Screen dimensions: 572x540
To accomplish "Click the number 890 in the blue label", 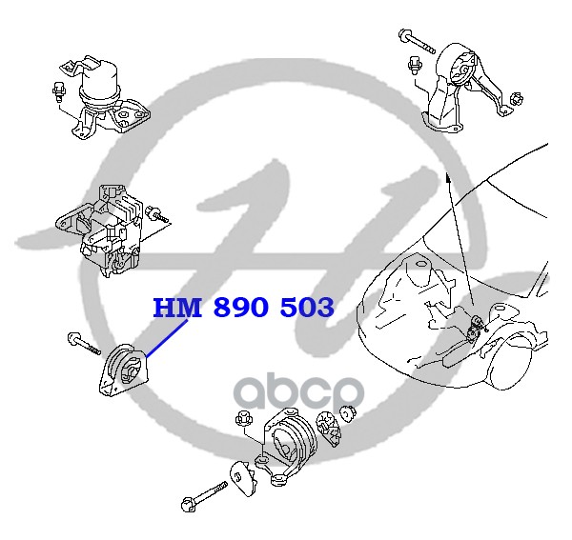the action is click(x=240, y=307).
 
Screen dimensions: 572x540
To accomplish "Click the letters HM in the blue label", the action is click(x=177, y=307).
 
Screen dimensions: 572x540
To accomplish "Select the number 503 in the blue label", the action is click(x=306, y=307).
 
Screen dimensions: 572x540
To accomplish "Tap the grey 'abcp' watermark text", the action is click(x=299, y=391).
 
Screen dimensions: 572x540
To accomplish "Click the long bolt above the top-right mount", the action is click(x=417, y=41).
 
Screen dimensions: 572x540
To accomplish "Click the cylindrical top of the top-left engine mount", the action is click(x=98, y=82).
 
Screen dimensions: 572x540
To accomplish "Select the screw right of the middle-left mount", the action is click(x=157, y=213).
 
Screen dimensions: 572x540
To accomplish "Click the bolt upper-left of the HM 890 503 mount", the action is click(x=84, y=343).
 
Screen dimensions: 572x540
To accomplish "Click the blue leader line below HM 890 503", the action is click(x=167, y=338).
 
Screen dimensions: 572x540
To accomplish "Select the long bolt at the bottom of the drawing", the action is click(x=204, y=495).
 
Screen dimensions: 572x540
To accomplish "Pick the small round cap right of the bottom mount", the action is click(x=348, y=413).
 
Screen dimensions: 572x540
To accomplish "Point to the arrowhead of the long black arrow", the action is click(x=448, y=178).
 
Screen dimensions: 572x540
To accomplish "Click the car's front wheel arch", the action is click(x=511, y=350).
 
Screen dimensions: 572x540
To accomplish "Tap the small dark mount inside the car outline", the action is click(x=474, y=328).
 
